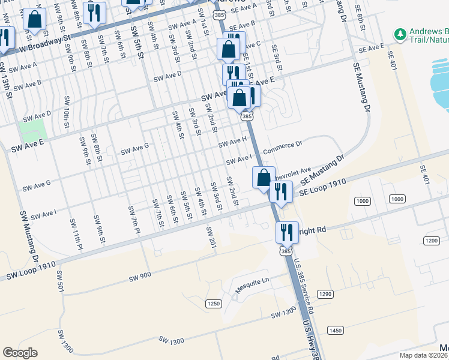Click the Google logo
tap(20, 353)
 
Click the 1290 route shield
tap(325, 294)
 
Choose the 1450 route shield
tap(335, 330)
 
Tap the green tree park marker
tap(400, 34)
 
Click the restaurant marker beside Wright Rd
tap(287, 231)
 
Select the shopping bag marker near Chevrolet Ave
tap(264, 178)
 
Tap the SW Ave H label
tap(232, 143)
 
